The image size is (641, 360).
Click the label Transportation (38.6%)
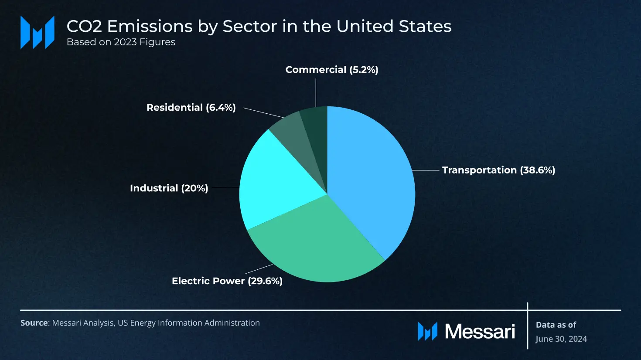[498, 170]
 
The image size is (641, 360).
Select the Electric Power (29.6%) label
[227, 281]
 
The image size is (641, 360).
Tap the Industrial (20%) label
[169, 188]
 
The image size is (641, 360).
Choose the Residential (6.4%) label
[191, 107]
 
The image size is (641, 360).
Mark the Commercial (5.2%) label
[331, 70]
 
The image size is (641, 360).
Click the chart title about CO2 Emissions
[259, 27]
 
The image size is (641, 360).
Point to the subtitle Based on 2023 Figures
[121, 42]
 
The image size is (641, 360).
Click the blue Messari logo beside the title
[38, 32]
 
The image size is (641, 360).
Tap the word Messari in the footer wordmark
[480, 332]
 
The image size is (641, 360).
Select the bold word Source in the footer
[34, 323]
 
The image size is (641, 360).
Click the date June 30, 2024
[561, 339]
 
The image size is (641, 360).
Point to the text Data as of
[556, 325]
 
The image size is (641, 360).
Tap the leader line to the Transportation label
[426, 170]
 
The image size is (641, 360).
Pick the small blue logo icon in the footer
[427, 331]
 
